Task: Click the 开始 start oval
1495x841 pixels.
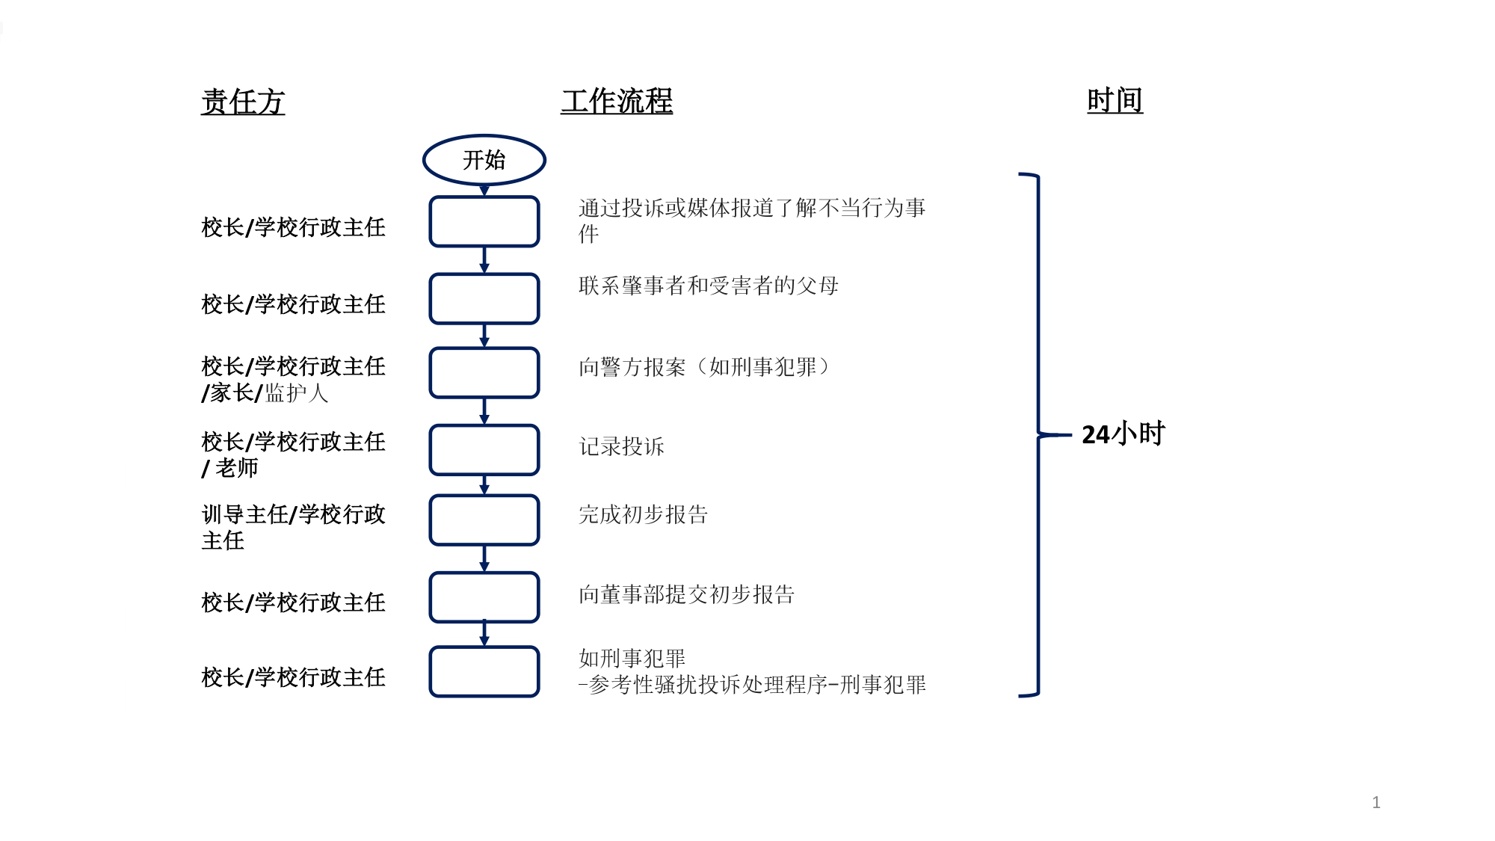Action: point(484,159)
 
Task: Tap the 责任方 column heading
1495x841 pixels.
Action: point(243,102)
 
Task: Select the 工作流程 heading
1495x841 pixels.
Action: point(617,102)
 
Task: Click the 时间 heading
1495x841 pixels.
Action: point(1115,100)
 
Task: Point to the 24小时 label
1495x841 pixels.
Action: point(1123,434)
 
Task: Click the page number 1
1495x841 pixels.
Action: point(1376,802)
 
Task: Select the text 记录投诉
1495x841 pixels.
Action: point(621,446)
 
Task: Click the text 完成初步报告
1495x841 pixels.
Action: point(643,514)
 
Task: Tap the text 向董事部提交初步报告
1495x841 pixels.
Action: point(686,594)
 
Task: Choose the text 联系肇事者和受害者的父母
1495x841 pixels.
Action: point(708,286)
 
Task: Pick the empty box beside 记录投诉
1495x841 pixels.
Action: point(484,450)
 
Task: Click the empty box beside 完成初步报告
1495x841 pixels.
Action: point(484,520)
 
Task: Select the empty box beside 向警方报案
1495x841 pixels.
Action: point(484,372)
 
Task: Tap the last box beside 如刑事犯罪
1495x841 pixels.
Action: point(484,671)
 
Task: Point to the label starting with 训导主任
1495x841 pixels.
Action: point(293,526)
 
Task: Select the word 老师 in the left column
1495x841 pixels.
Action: point(237,468)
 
